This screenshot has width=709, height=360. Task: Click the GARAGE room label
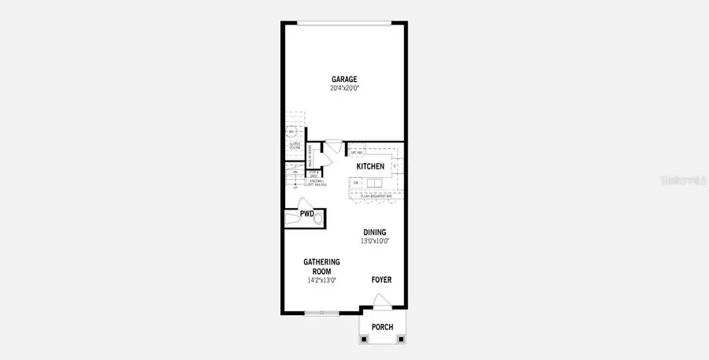344,79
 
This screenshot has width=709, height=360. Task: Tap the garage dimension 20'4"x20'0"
344,88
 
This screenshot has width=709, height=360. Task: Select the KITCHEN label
370,167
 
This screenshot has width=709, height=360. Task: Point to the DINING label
375,232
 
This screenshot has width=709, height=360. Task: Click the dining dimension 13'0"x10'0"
376,241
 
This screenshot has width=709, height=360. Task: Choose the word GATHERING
321,262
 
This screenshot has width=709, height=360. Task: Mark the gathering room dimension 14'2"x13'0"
321,280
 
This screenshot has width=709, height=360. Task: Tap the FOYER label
381,280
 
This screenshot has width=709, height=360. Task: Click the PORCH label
382,327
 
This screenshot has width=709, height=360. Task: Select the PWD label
307,213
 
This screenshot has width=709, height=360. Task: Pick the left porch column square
363,340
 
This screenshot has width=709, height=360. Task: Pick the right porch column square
402,340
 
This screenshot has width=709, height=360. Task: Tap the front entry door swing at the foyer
381,299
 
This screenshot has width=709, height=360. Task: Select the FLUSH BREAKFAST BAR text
376,195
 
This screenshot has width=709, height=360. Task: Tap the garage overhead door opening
343,23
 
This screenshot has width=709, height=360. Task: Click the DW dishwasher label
357,184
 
